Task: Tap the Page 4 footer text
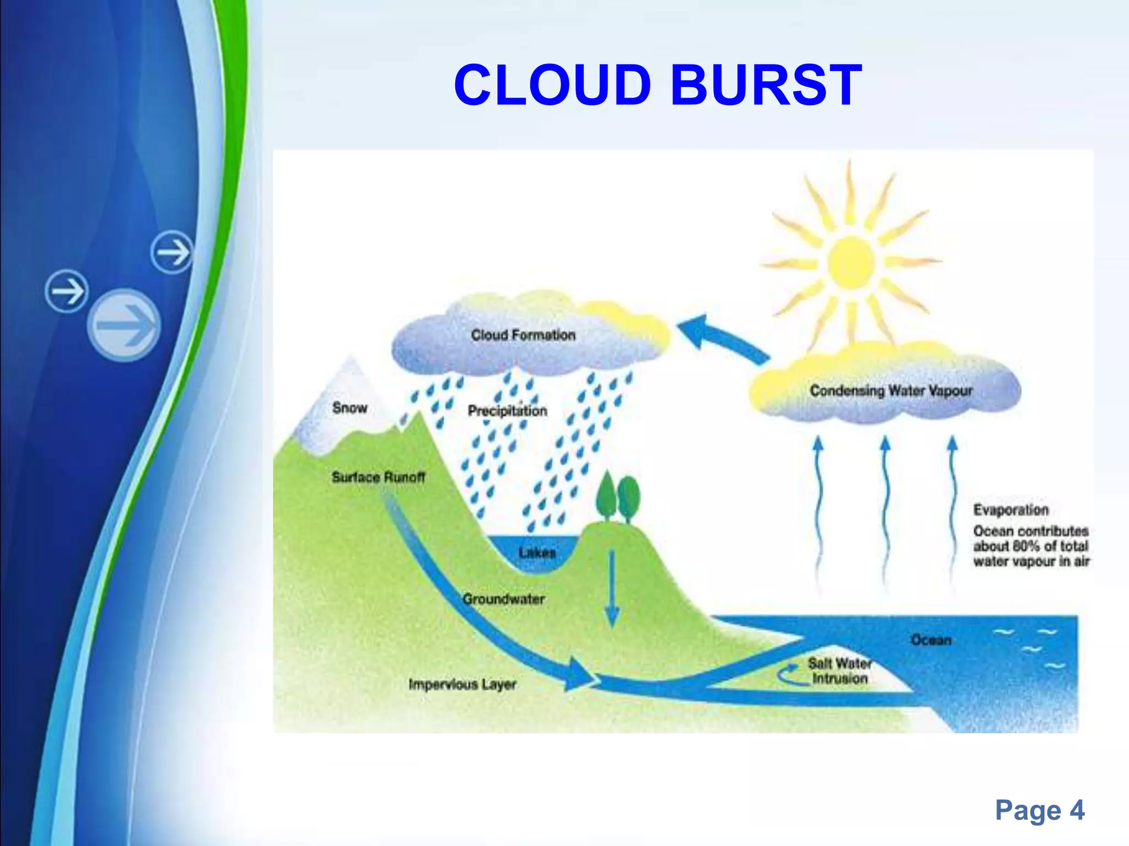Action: tap(1039, 810)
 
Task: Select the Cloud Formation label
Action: tap(523, 335)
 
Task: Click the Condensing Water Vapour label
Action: tap(890, 391)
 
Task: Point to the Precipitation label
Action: tap(507, 411)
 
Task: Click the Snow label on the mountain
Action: tap(350, 408)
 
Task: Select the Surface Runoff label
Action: tap(378, 477)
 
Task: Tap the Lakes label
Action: tap(537, 552)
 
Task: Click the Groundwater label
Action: tap(503, 599)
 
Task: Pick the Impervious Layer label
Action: tap(462, 684)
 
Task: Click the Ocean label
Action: tap(931, 640)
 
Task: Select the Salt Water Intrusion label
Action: tap(839, 671)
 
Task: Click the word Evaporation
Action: tap(1010, 510)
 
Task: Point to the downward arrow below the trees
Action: tap(612, 589)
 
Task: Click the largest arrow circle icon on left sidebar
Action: tap(124, 325)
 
